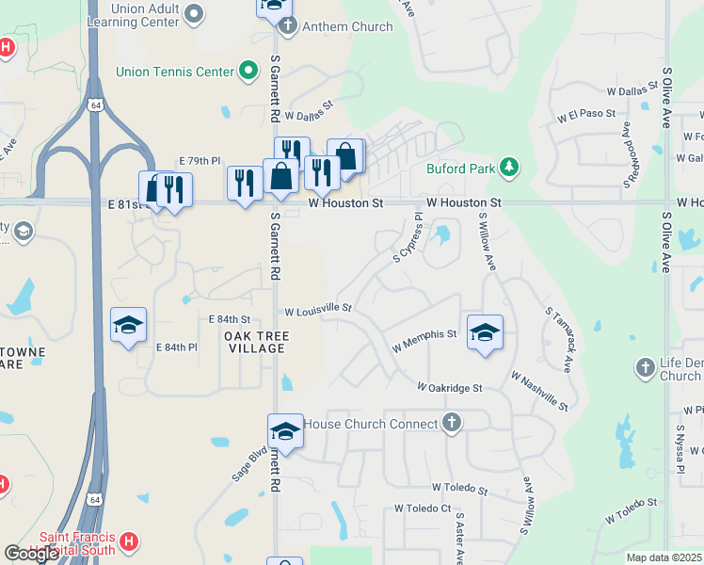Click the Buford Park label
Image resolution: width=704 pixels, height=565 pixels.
pyautogui.click(x=458, y=169)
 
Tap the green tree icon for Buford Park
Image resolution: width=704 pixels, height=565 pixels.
pyautogui.click(x=509, y=168)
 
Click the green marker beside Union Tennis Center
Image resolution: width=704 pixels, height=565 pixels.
pyautogui.click(x=249, y=71)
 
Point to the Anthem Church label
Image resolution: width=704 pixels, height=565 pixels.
pyautogui.click(x=347, y=26)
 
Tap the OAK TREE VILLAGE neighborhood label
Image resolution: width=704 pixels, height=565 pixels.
pyautogui.click(x=255, y=342)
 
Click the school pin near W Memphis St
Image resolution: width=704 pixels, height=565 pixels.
pyautogui.click(x=485, y=332)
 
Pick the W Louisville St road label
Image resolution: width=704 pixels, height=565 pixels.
pyautogui.click(x=318, y=308)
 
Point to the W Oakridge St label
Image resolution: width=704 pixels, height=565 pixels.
pyautogui.click(x=450, y=387)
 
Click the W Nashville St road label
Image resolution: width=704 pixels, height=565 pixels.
pyautogui.click(x=539, y=390)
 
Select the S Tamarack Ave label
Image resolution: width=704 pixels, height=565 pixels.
pyautogui.click(x=560, y=337)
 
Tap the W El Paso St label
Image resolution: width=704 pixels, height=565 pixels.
pyautogui.click(x=585, y=117)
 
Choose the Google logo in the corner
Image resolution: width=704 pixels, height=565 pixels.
pyautogui.click(x=32, y=554)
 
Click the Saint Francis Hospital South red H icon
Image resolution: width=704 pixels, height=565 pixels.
pyautogui.click(x=130, y=542)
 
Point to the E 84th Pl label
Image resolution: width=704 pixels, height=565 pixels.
pyautogui.click(x=176, y=347)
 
